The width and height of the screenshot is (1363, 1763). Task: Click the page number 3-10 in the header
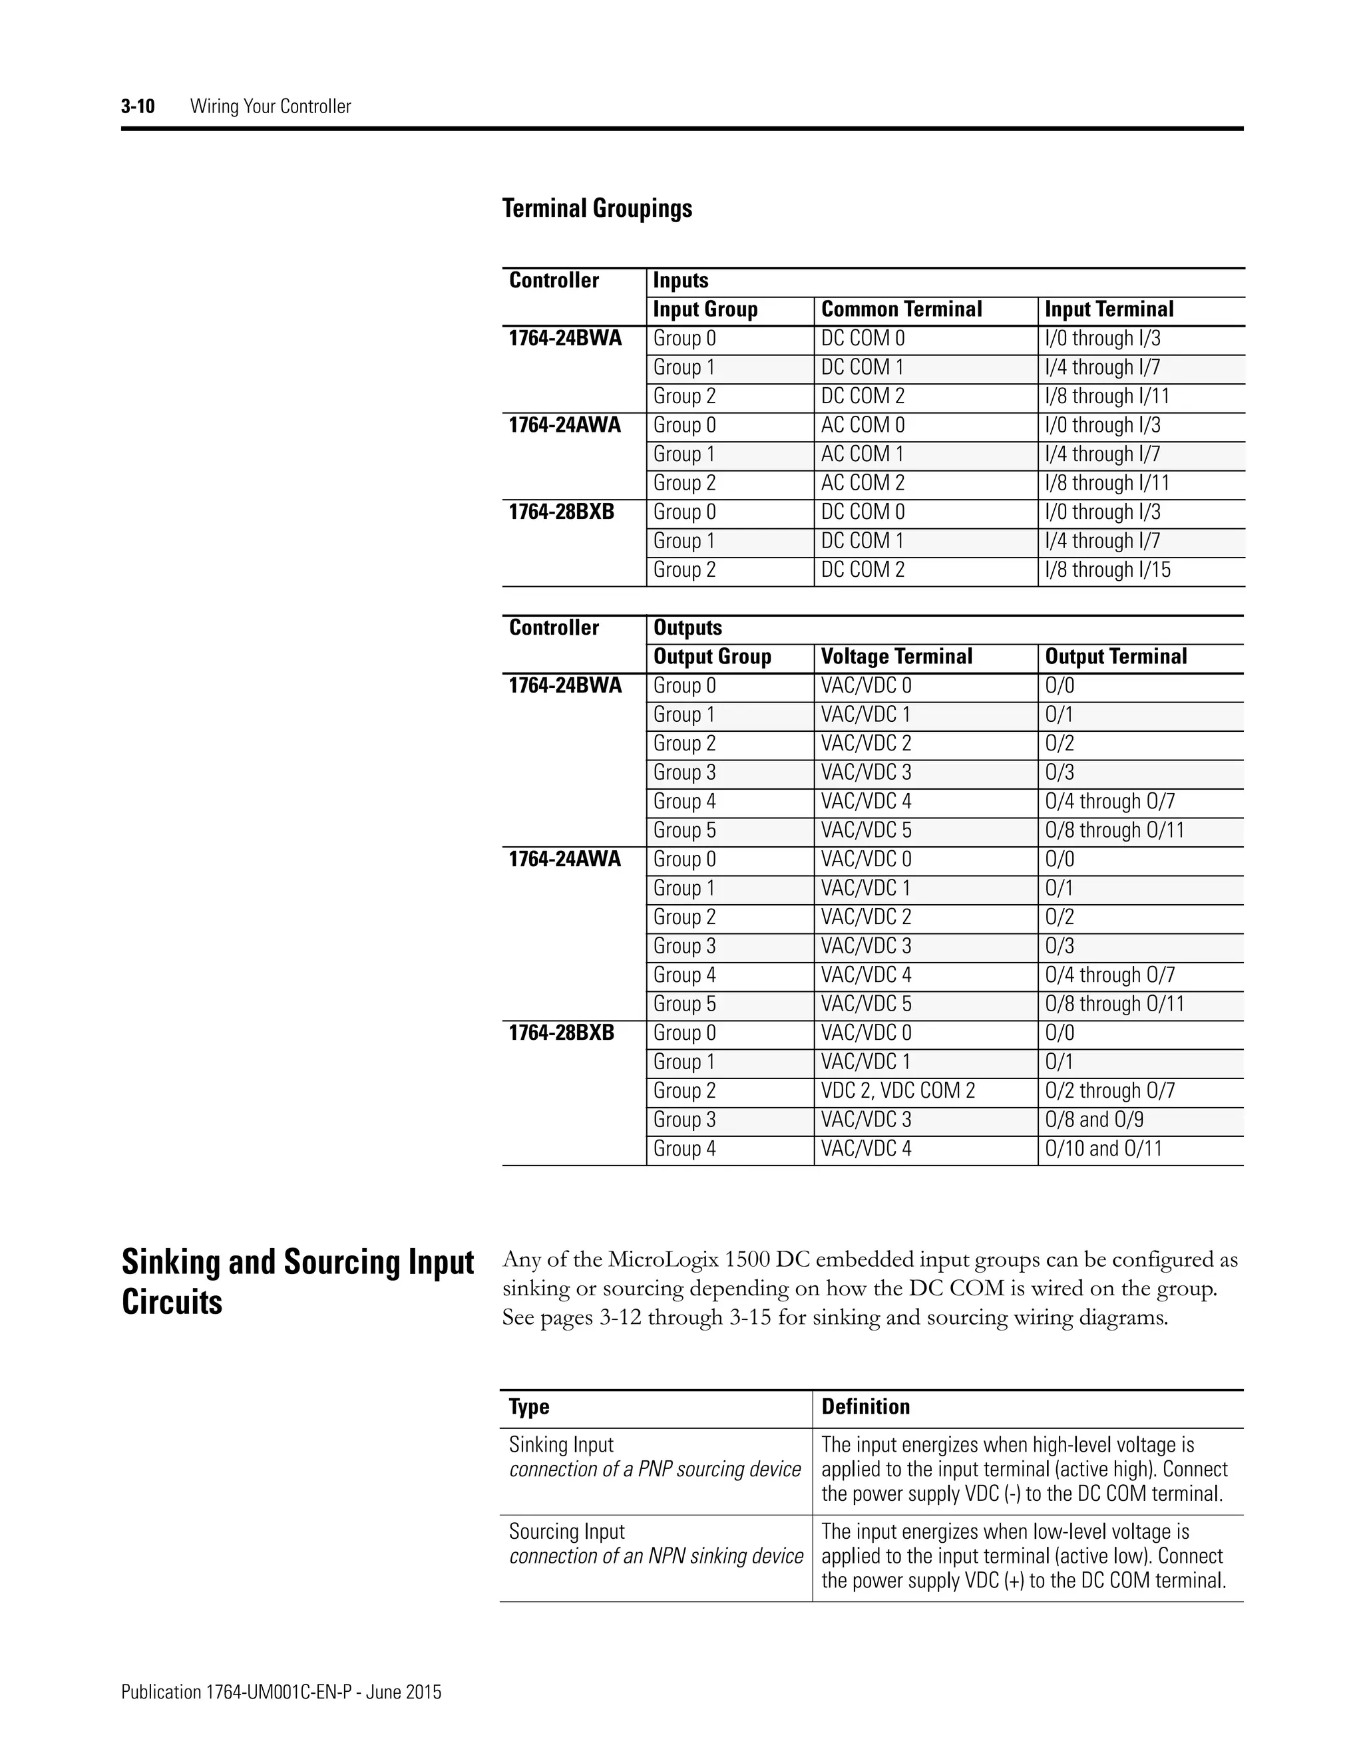coord(137,106)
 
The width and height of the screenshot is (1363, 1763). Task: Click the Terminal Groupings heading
coord(597,208)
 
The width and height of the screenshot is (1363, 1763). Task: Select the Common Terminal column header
coord(901,309)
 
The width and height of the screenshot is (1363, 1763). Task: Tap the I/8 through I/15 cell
coord(1107,570)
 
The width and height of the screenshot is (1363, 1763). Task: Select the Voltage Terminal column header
coord(896,656)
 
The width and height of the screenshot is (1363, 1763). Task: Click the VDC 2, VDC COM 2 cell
coord(898,1090)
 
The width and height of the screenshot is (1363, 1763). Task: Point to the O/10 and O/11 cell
coord(1103,1149)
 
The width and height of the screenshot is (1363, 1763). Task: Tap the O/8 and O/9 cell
coord(1094,1120)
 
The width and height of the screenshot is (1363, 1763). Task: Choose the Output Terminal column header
coord(1116,656)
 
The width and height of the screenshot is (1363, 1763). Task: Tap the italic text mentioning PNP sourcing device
coord(654,1469)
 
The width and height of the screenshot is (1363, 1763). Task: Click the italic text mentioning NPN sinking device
coord(656,1555)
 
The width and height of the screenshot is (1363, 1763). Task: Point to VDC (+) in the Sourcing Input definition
coord(992,1580)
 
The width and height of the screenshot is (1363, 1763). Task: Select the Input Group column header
coord(705,309)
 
